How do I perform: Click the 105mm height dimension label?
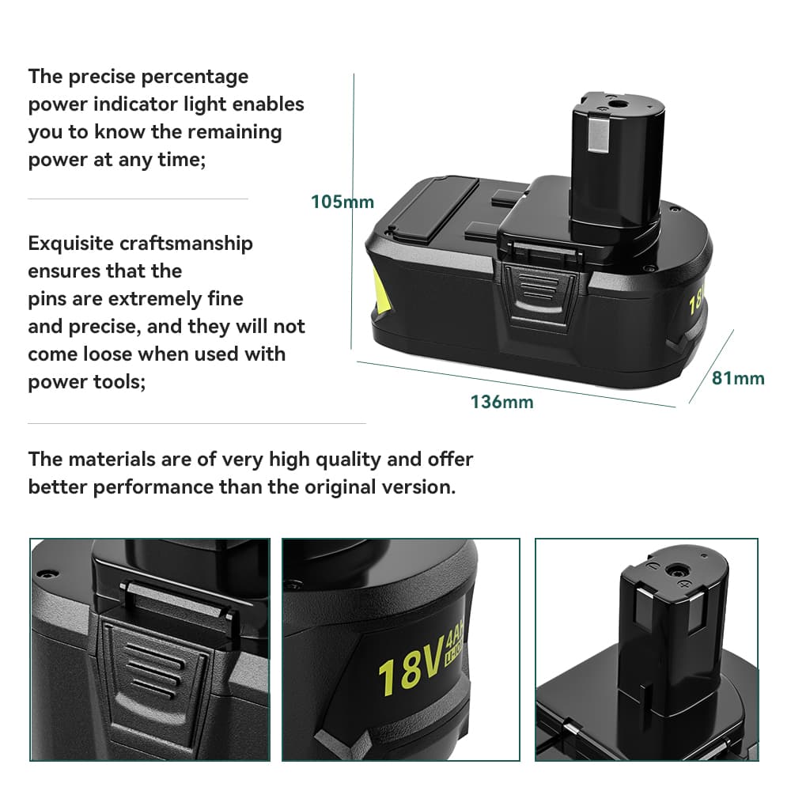click(342, 202)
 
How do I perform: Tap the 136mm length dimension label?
click(501, 402)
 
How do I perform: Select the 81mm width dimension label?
click(738, 378)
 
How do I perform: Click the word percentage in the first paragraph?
click(198, 77)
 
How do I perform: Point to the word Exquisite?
click(70, 244)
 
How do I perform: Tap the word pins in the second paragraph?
click(46, 299)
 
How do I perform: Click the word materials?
click(108, 459)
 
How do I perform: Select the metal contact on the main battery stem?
click(595, 139)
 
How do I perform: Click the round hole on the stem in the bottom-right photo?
click(677, 570)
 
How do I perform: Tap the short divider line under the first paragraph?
click(138, 199)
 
